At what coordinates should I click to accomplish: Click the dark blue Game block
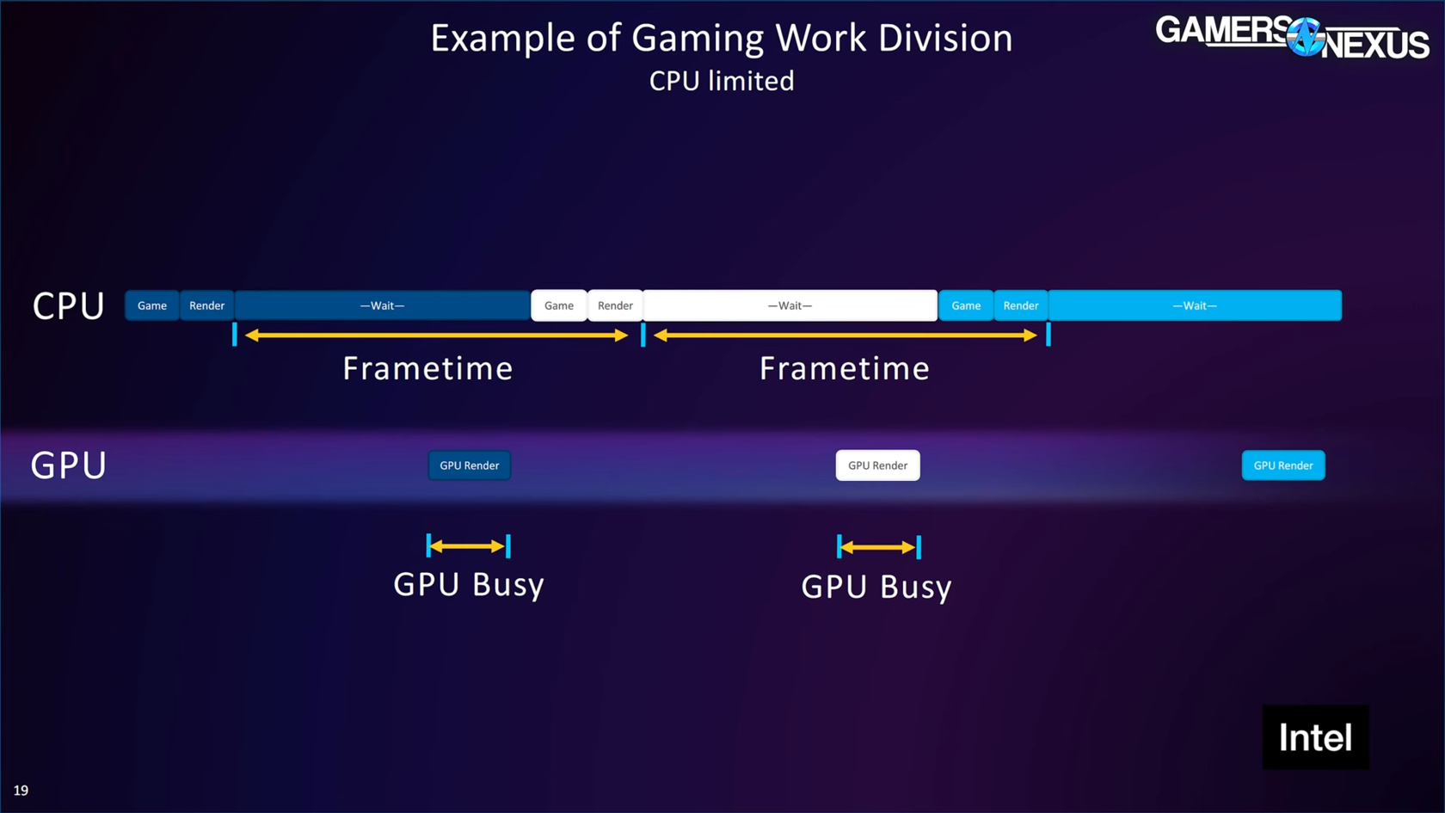coord(152,305)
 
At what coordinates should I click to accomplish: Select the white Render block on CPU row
coord(615,305)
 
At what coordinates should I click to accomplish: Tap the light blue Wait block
coord(1195,305)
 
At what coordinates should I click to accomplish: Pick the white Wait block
coord(790,305)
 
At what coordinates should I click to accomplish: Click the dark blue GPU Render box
coord(470,465)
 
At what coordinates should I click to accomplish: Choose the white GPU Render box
coord(877,465)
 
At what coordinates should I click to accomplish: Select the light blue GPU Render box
coord(1283,465)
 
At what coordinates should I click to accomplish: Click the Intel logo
coord(1315,737)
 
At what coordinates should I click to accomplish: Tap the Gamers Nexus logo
coord(1292,37)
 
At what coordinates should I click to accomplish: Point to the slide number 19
coord(21,790)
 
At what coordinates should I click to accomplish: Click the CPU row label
coord(69,306)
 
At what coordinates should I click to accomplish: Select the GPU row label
coord(69,465)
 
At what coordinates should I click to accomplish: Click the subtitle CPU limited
coord(722,81)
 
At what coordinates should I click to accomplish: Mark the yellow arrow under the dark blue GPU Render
coord(467,546)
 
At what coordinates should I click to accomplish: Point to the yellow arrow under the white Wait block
coord(845,336)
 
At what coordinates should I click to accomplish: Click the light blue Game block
coord(966,305)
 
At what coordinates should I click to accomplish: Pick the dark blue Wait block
coord(382,305)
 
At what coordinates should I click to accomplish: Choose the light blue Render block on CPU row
coord(1021,305)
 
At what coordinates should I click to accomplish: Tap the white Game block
coord(559,305)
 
